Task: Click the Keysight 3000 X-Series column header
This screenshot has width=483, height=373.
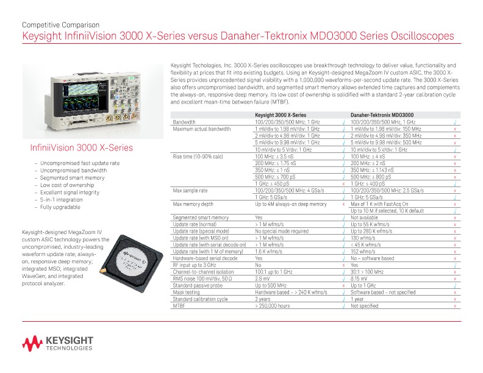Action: point(280,115)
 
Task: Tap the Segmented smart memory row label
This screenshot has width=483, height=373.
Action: point(201,218)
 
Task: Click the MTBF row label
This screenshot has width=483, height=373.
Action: point(179,306)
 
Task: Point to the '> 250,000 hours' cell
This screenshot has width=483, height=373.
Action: point(272,306)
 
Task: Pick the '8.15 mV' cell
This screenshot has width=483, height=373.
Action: point(360,279)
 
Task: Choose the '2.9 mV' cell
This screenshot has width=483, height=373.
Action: point(263,279)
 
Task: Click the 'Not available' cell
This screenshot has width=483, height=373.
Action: point(365,218)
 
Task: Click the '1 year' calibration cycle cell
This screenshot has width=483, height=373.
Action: point(358,299)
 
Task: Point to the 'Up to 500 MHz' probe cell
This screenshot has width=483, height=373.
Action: point(271,285)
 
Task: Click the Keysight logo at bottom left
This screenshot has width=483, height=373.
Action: point(58,344)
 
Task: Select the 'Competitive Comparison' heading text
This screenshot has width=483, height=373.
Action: point(53,25)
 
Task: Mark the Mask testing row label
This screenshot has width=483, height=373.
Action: point(187,293)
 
